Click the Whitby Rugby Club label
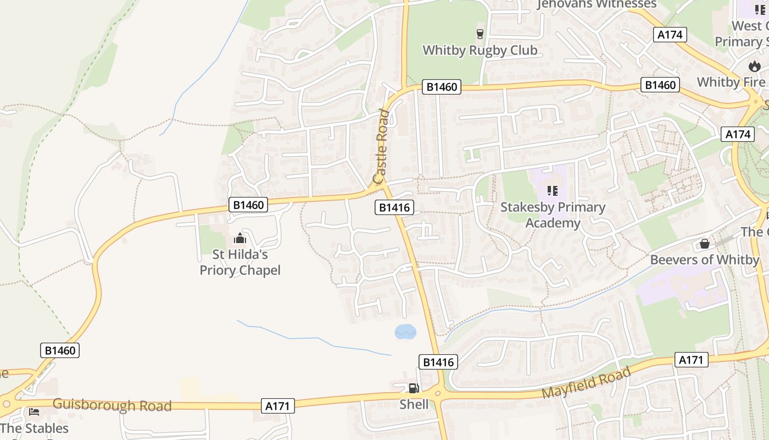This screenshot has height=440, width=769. pyautogui.click(x=480, y=50)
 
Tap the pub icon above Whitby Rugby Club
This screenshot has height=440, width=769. pyautogui.click(x=480, y=34)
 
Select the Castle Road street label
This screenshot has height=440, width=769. pyautogui.click(x=381, y=147)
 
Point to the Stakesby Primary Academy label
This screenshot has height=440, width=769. pyautogui.click(x=553, y=215)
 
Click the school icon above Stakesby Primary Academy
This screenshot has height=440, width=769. pyautogui.click(x=553, y=191)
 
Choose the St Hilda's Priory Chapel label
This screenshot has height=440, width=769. pyautogui.click(x=240, y=262)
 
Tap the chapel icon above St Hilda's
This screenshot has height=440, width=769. pyautogui.click(x=240, y=239)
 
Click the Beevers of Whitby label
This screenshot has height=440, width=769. pyautogui.click(x=704, y=260)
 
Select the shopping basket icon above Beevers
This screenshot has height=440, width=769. pyautogui.click(x=705, y=243)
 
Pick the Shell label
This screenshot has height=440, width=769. pyautogui.click(x=414, y=405)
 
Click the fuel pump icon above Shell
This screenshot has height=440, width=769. pyautogui.click(x=414, y=388)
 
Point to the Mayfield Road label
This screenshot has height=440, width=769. pyautogui.click(x=586, y=383)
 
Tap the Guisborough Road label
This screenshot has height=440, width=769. pyautogui.click(x=112, y=405)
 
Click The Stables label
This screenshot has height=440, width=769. pyautogui.click(x=35, y=428)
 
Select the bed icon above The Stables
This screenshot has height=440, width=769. pyautogui.click(x=34, y=411)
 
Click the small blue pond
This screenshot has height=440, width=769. pyautogui.click(x=405, y=332)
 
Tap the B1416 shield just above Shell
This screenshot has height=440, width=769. pyautogui.click(x=438, y=361)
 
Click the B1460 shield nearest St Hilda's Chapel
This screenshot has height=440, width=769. pyautogui.click(x=248, y=205)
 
